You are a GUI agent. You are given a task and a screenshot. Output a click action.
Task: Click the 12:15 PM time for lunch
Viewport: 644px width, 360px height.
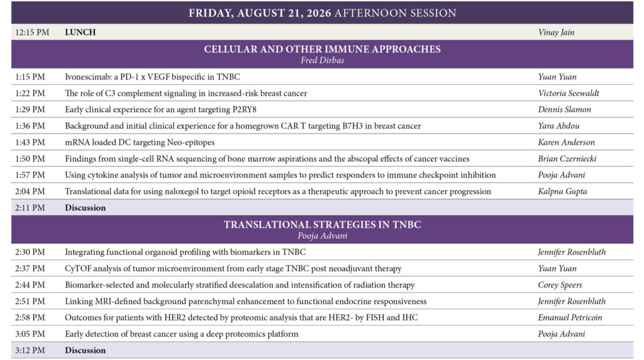click(x=32, y=32)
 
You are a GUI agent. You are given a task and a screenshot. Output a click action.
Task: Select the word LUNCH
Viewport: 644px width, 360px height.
click(x=80, y=32)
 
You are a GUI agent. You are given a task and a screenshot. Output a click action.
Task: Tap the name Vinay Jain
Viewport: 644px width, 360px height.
click(x=556, y=32)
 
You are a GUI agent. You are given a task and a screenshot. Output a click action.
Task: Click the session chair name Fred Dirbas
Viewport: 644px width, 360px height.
click(x=322, y=60)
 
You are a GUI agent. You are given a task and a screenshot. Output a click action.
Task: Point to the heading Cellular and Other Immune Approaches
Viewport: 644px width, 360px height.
click(x=322, y=49)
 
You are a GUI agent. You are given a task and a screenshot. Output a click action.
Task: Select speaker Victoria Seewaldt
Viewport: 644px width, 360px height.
click(x=569, y=93)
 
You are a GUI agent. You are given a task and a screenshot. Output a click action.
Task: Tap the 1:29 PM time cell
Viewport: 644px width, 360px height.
click(x=30, y=110)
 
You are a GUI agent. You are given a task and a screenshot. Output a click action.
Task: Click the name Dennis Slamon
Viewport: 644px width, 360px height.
click(x=564, y=110)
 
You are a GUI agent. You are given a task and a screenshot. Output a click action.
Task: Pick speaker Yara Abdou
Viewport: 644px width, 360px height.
click(x=558, y=126)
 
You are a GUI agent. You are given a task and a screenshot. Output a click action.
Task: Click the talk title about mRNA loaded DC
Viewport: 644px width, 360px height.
click(x=140, y=142)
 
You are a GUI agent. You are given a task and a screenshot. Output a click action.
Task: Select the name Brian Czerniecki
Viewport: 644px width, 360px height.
click(x=567, y=159)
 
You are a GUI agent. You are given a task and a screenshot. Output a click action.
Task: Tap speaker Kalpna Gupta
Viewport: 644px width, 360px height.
click(x=562, y=191)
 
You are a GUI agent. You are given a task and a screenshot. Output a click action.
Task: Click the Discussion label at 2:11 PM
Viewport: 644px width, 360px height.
click(x=85, y=208)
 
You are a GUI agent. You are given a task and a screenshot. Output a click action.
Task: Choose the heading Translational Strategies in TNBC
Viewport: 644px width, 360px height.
click(x=322, y=225)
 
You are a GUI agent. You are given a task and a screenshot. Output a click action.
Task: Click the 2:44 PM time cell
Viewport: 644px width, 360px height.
click(x=30, y=285)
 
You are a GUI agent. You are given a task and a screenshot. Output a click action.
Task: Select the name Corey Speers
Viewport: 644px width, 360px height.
click(x=560, y=285)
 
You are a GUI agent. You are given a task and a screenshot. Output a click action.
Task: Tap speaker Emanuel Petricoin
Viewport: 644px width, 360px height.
click(x=570, y=317)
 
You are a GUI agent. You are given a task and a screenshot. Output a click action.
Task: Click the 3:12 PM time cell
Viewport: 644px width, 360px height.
click(x=30, y=350)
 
